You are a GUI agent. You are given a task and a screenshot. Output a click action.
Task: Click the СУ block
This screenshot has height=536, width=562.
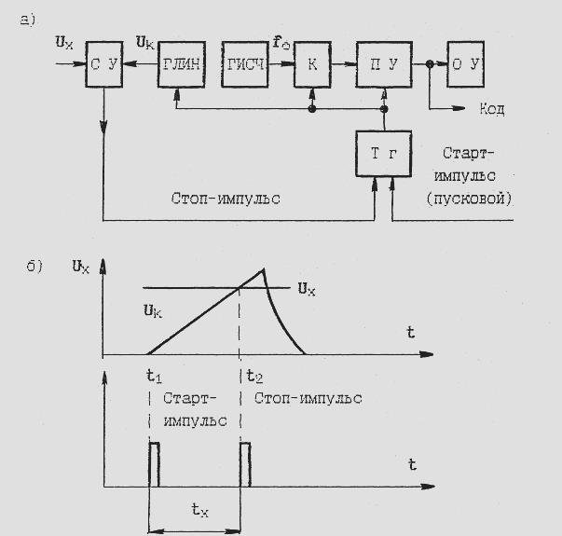pos(105,64)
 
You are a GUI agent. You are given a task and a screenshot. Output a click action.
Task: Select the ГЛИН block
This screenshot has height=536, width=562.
pos(180,64)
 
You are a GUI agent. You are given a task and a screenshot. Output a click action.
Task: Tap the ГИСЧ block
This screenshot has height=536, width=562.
pos(246,64)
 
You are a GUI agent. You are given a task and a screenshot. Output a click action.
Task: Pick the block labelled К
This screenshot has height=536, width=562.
pos(312,64)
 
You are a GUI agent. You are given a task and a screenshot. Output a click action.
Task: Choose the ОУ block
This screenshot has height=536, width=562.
pos(472,64)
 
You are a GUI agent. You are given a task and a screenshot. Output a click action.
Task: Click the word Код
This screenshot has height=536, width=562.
pos(492,109)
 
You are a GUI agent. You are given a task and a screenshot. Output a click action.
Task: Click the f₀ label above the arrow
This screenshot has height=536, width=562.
pos(280,43)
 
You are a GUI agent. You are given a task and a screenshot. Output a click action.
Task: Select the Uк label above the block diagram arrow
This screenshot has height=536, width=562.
pos(146,43)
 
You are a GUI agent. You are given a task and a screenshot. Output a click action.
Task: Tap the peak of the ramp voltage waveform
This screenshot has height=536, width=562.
pos(264,269)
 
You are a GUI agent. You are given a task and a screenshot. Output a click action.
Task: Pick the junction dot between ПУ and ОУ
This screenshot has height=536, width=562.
pos(429,64)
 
